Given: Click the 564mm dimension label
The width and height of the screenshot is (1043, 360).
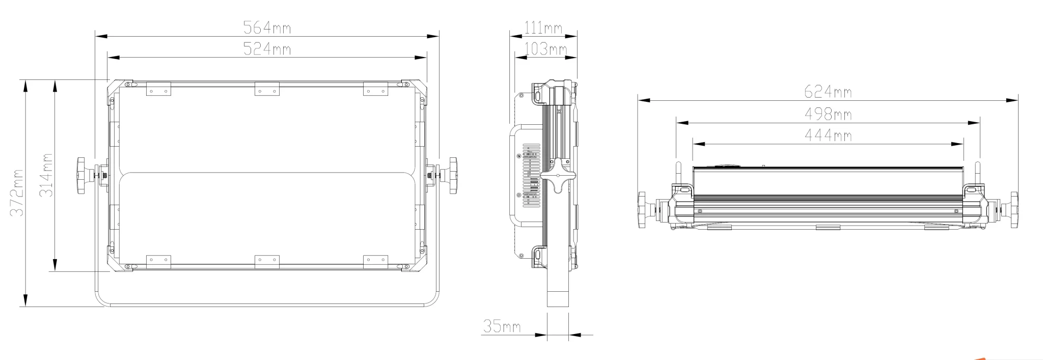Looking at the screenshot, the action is point(267,27).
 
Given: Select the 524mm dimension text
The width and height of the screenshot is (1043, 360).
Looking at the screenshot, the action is point(267,48).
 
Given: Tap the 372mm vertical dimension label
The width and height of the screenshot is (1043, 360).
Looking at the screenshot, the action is point(17,193).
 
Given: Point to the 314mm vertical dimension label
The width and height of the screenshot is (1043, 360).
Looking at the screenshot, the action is point(46,175).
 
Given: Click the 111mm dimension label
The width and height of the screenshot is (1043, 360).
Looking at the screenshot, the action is point(543,27).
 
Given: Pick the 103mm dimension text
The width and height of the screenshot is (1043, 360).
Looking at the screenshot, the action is point(545,49).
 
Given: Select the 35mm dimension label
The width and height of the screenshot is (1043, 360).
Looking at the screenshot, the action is point(502,326).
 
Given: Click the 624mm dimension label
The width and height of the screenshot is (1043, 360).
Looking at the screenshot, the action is point(828,92).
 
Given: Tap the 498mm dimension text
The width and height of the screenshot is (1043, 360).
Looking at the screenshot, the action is point(828,114).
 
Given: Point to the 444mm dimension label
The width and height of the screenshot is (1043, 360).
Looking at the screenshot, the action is point(828,135).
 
